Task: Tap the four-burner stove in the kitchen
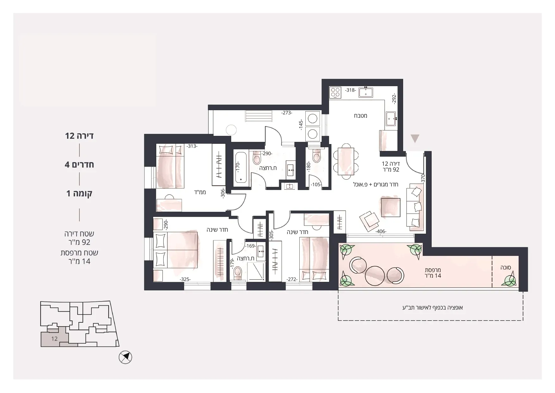pyautogui.click(x=335, y=92)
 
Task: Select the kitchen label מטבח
pyautogui.click(x=360, y=116)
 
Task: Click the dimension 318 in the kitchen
pyautogui.click(x=350, y=90)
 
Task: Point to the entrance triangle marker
pyautogui.click(x=415, y=138)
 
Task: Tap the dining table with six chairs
pyautogui.click(x=346, y=161)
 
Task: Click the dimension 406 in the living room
pyautogui.click(x=381, y=231)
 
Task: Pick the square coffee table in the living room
pyautogui.click(x=390, y=207)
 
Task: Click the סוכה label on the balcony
pyautogui.click(x=506, y=268)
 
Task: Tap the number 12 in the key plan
pyautogui.click(x=54, y=339)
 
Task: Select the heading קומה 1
pyautogui.click(x=79, y=193)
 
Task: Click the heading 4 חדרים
pyautogui.click(x=79, y=165)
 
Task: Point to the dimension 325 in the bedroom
pyautogui.click(x=185, y=279)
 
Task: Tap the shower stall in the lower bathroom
pyautogui.click(x=256, y=272)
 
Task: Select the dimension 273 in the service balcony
pyautogui.click(x=287, y=113)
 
